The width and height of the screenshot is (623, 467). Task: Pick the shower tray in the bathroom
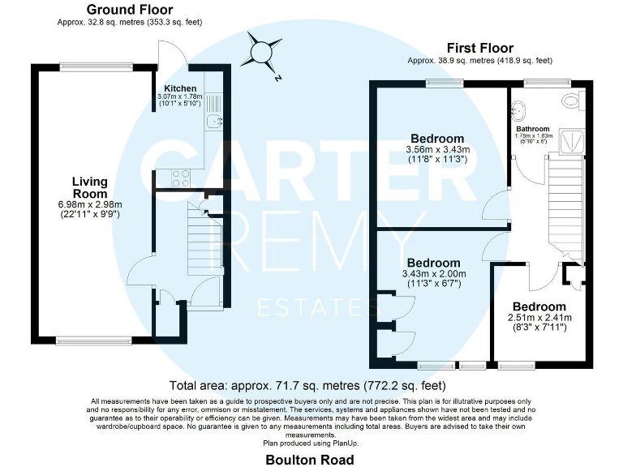pyautogui.click(x=574, y=142)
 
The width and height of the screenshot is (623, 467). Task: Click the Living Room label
pyautogui.click(x=89, y=187)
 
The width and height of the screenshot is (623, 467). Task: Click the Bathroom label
pyautogui.click(x=532, y=129)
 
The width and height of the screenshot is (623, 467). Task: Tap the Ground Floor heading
pyautogui.click(x=130, y=11)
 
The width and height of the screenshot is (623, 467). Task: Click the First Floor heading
pyautogui.click(x=479, y=49)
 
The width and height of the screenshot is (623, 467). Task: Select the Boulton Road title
pyautogui.click(x=311, y=460)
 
